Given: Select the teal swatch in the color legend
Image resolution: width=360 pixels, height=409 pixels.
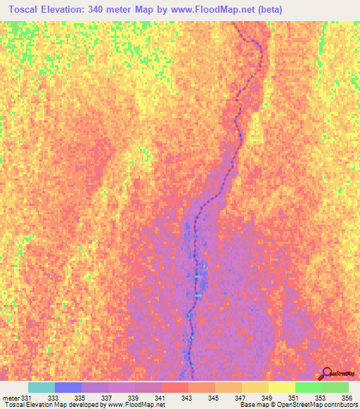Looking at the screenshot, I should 41,387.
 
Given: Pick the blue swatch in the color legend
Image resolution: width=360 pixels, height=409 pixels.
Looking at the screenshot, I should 68,387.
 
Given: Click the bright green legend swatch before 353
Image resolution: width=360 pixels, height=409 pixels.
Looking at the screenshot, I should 308,387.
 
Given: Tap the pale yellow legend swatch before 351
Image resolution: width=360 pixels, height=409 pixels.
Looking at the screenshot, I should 281,387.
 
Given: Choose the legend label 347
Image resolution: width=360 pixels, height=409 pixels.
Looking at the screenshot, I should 239,398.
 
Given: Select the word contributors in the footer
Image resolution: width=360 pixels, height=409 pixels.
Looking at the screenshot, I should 339,405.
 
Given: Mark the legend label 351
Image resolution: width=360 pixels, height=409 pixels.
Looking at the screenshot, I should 292,398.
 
